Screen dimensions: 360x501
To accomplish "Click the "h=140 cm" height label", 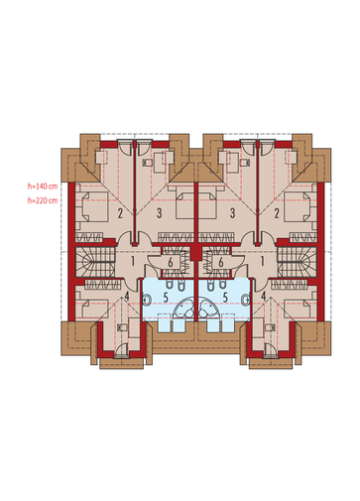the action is pyautogui.click(x=43, y=187).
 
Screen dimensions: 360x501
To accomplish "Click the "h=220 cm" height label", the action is pyautogui.click(x=43, y=200).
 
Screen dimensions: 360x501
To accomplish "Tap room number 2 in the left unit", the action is pyautogui.click(x=120, y=213).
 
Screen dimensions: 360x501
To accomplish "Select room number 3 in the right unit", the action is pyautogui.click(x=232, y=213).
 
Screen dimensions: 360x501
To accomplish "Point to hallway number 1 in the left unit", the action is pyautogui.click(x=133, y=262).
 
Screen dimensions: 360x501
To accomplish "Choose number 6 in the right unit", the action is pyautogui.click(x=221, y=263).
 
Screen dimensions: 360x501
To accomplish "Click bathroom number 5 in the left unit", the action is pyautogui.click(x=166, y=298).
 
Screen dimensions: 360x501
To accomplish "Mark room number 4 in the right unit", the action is pyautogui.click(x=264, y=296).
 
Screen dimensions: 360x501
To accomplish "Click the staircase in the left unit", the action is pyautogui.click(x=95, y=262).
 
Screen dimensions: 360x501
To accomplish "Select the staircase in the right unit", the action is pyautogui.click(x=297, y=262).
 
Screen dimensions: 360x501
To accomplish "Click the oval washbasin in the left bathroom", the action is pyautogui.click(x=147, y=300).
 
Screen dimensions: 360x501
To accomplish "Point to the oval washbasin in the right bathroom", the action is pyautogui.click(x=245, y=300).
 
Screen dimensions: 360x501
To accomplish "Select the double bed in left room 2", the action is pyautogui.click(x=92, y=206).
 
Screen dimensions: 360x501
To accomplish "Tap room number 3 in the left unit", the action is pyautogui.click(x=160, y=213).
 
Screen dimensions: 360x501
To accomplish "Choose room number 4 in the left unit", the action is pyautogui.click(x=127, y=296).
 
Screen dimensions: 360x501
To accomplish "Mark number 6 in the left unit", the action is pyautogui.click(x=171, y=263).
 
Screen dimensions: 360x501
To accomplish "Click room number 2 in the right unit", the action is pyautogui.click(x=277, y=213).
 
